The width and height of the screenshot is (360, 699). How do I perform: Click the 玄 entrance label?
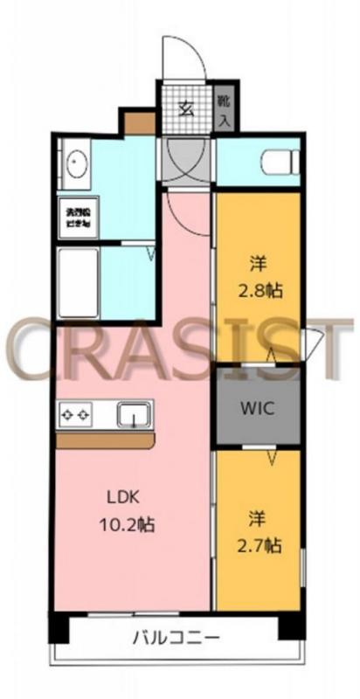pyautogui.click(x=186, y=108)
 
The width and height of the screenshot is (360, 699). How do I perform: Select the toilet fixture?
pyautogui.click(x=277, y=162)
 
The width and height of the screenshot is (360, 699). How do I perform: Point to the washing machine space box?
pyautogui.click(x=77, y=218)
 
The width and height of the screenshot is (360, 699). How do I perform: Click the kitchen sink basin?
pyautogui.click(x=132, y=414)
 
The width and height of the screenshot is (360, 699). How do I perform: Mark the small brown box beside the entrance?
pyautogui.click(x=139, y=121)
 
